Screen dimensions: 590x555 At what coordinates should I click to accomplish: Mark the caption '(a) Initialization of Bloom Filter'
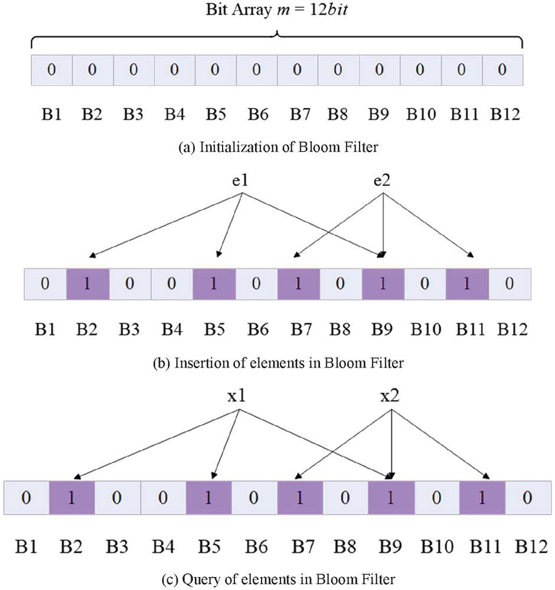click(277, 148)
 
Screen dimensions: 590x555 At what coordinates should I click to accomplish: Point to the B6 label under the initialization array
click(256, 115)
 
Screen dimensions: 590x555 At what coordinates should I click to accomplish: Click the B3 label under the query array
click(117, 546)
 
